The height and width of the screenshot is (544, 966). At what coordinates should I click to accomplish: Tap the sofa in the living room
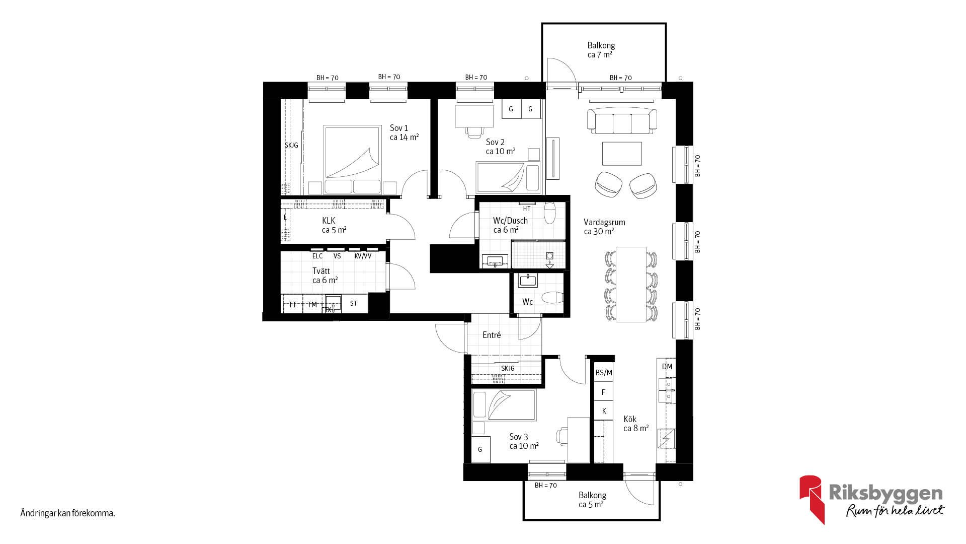[x=622, y=120]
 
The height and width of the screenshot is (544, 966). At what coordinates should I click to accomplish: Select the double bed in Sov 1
[x=352, y=160]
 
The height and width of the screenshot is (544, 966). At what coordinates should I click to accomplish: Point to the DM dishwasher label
[x=667, y=367]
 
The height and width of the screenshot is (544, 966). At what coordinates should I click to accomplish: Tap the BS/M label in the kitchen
[x=604, y=373]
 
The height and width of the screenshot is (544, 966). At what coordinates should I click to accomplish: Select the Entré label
[x=492, y=335]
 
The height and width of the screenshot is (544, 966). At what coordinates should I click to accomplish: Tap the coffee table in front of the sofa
[x=622, y=153]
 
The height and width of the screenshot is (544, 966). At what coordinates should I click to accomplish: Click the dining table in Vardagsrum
[x=631, y=284]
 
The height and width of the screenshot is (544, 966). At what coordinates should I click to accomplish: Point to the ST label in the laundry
[x=353, y=303]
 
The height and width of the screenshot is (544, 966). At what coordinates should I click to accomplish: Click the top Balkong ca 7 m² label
[x=601, y=50]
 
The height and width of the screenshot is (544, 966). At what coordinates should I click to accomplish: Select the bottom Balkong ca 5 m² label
[x=592, y=500]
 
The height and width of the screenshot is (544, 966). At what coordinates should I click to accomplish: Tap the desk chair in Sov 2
[x=473, y=132]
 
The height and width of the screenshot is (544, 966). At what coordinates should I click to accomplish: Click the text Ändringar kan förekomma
[x=67, y=514]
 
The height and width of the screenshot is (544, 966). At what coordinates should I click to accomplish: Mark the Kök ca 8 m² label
[x=636, y=424]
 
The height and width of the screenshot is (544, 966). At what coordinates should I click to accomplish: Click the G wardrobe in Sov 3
[x=480, y=449]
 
